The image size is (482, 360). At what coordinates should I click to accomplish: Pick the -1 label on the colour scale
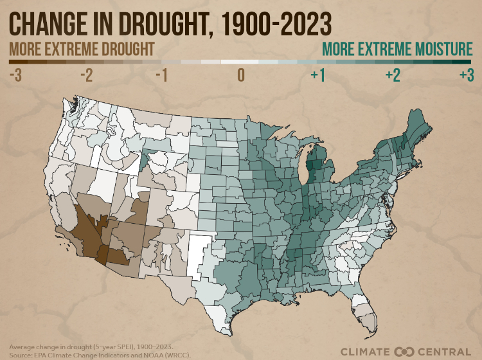161,75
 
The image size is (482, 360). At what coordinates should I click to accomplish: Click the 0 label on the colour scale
241,75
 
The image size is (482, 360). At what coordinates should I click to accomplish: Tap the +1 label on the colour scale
317,75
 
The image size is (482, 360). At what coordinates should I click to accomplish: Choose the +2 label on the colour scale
392,75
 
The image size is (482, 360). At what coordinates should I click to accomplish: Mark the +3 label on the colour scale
466,75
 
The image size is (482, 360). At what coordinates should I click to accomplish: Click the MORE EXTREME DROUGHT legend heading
82,50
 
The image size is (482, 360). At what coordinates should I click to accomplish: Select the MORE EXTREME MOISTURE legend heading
397,50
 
